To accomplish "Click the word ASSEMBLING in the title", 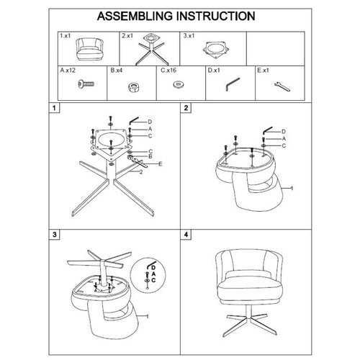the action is [x=135, y=16].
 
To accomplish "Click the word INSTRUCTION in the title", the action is [x=216, y=16].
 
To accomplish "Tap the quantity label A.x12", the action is [x=68, y=71].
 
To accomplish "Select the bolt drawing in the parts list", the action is [x=86, y=84].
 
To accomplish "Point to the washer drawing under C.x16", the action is [x=179, y=84].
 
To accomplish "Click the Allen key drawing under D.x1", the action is [x=233, y=84].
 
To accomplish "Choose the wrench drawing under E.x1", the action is [x=282, y=86].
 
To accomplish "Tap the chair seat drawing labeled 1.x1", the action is [x=90, y=49].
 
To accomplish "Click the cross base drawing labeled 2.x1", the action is [x=151, y=49].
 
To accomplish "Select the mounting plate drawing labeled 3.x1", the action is [x=216, y=50].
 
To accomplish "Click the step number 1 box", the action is [x=54, y=108].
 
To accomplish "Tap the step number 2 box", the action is [x=186, y=108].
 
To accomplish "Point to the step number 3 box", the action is [x=55, y=235].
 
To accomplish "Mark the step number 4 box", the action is [x=186, y=235].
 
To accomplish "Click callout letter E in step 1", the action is [x=161, y=164].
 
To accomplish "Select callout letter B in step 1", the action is [x=150, y=156].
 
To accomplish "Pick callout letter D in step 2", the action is [x=284, y=132].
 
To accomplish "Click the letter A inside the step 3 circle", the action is [x=154, y=274].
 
